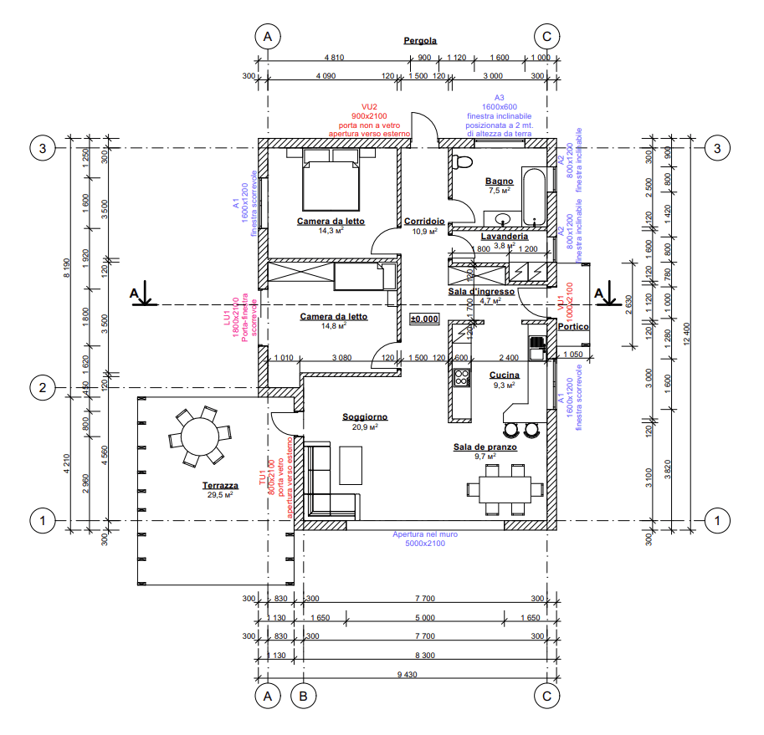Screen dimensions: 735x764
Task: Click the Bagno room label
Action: [499, 181]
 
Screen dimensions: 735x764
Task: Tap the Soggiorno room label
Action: [365, 416]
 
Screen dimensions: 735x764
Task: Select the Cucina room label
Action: [504, 375]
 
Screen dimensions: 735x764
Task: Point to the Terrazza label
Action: [220, 485]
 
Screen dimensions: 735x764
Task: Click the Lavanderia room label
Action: [504, 237]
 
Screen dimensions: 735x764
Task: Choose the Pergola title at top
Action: [420, 40]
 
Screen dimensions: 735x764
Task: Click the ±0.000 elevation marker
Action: [424, 319]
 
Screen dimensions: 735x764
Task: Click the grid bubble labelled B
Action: [303, 695]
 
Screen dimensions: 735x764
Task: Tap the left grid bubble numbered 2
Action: [43, 387]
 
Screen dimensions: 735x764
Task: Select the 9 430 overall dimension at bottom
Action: [408, 675]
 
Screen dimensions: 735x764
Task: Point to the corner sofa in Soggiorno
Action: [329, 483]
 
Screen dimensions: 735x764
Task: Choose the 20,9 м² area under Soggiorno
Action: [365, 427]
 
